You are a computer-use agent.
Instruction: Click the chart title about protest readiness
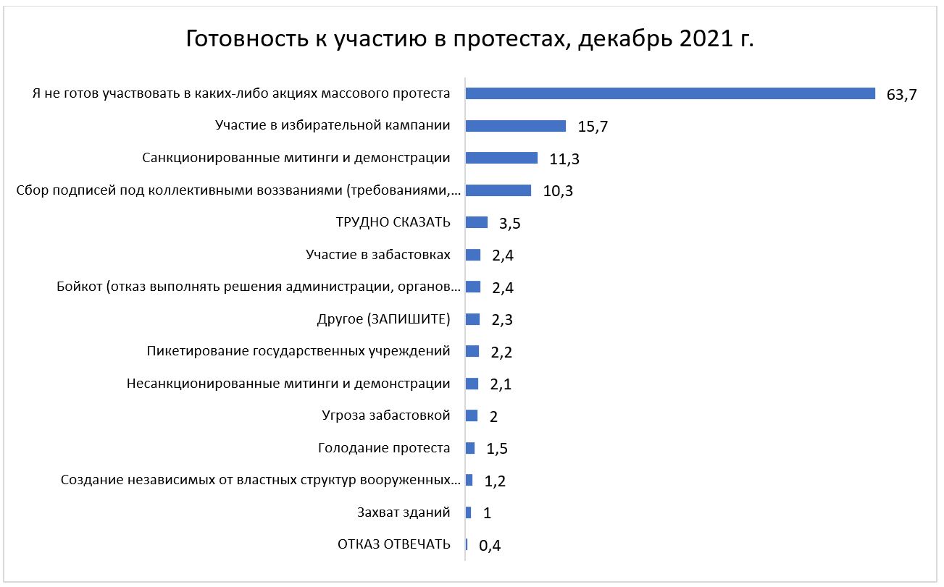point(470,38)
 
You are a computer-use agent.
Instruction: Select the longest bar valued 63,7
point(670,93)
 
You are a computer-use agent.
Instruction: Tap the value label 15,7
point(593,127)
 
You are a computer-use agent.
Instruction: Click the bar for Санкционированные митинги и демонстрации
point(501,158)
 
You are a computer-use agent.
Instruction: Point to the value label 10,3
point(559,191)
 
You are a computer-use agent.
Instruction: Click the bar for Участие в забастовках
point(473,255)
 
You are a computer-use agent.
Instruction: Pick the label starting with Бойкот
point(258,287)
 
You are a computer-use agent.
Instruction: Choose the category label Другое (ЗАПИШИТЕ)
point(384,319)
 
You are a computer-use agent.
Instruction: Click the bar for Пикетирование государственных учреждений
point(472,351)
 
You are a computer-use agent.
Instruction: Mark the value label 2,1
point(501,384)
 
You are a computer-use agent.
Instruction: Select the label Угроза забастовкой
point(386,415)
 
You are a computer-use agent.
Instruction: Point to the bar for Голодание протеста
point(470,448)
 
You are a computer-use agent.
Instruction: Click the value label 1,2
point(495,481)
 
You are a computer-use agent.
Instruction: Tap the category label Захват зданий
point(404,512)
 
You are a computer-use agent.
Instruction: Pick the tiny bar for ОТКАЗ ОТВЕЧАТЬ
point(467,544)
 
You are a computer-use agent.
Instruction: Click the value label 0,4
point(490,546)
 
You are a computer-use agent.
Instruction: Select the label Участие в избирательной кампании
point(333,125)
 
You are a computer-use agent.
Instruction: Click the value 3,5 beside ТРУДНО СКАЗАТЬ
point(510,223)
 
